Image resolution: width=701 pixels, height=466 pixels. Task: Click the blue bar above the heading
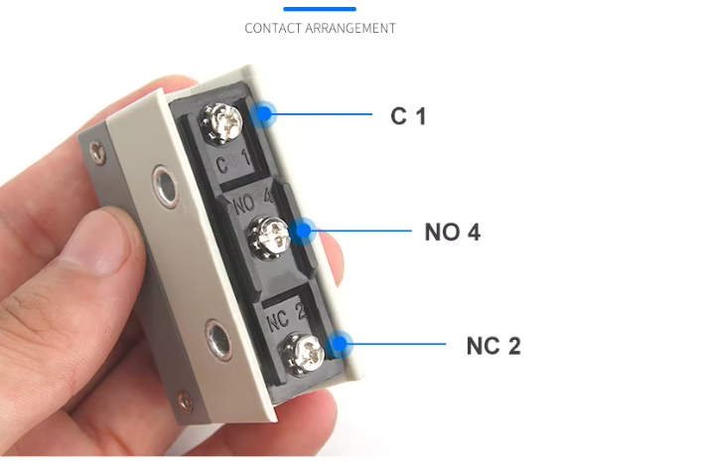320,9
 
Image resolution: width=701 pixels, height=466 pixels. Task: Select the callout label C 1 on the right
408,116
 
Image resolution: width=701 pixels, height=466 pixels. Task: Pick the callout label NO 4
453,232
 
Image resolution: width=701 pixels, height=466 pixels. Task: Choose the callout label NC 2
493,346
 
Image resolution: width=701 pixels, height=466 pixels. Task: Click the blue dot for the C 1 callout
264,114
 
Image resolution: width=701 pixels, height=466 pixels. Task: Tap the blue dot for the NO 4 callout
303,231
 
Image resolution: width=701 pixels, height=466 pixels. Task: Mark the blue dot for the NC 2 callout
340,344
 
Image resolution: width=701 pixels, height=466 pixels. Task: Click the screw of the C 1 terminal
221,122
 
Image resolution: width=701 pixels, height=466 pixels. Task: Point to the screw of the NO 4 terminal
270,237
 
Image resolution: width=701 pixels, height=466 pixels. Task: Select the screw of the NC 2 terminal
303,354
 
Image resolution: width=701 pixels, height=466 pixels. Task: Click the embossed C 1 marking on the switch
232,161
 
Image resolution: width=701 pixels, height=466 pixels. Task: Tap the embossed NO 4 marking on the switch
253,201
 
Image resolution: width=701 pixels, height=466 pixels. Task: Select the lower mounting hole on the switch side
218,339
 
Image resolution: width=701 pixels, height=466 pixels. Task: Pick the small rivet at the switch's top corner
97,152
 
